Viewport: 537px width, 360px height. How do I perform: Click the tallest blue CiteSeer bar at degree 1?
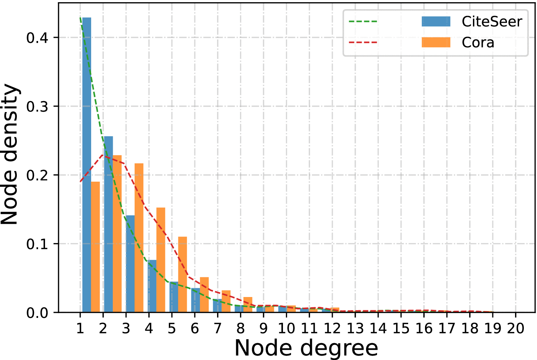[87, 165]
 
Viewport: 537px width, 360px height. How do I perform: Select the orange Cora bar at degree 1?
[95, 247]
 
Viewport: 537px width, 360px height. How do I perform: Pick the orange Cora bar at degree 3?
[139, 238]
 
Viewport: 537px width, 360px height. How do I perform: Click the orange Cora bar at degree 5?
[182, 274]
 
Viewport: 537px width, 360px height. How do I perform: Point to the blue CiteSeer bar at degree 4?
[152, 286]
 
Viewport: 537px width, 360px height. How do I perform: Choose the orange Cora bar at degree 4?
[161, 260]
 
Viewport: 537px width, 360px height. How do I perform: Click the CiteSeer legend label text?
[492, 22]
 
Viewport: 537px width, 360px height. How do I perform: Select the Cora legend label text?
[478, 42]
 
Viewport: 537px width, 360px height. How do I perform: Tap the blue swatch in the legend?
[436, 22]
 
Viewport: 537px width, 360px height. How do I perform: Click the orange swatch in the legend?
[436, 42]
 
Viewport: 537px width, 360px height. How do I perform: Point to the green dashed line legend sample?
[363, 22]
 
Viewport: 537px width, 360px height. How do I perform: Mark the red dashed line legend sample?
[363, 42]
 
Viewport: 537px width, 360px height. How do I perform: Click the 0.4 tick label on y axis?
[37, 38]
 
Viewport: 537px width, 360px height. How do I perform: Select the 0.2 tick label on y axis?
[37, 175]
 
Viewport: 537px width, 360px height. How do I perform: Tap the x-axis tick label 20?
[515, 329]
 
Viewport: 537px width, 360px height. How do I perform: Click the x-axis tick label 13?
[355, 329]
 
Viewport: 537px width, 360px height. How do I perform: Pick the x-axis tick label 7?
[217, 329]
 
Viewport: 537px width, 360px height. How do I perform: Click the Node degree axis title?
[306, 348]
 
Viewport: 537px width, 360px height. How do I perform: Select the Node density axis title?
[10, 155]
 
